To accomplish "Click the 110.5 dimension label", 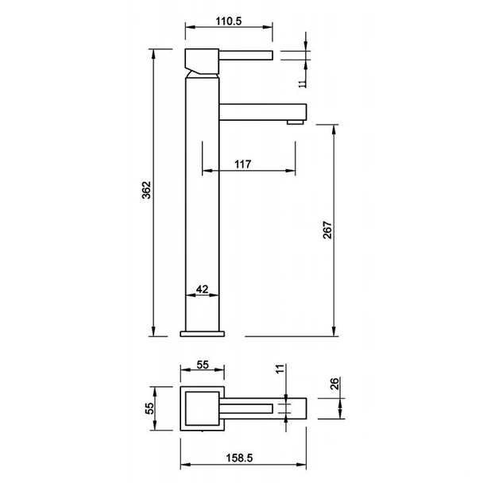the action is click(x=229, y=21).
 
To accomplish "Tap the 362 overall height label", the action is click(x=147, y=190).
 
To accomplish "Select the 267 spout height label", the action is click(x=328, y=230).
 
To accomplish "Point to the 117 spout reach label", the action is click(x=243, y=164).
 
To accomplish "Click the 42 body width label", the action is click(x=202, y=289).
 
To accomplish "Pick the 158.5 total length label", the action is click(x=239, y=458).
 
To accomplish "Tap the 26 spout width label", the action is click(x=334, y=384).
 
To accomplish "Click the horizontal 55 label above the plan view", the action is click(x=203, y=365).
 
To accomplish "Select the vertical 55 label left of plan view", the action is click(x=149, y=408).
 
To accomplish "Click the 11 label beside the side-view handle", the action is click(x=303, y=83).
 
